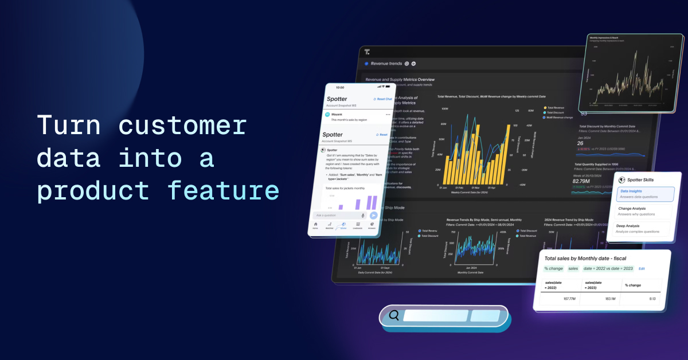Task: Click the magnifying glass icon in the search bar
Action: tap(394, 315)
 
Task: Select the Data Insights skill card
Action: tap(642, 194)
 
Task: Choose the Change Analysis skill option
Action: tap(640, 212)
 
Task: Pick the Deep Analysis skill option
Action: tap(640, 229)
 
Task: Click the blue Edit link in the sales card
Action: tap(642, 268)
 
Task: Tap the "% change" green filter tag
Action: tap(553, 268)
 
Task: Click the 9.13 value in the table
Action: tap(652, 299)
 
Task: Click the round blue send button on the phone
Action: tap(373, 215)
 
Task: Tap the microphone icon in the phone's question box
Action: tap(363, 215)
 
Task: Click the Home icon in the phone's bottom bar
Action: tap(315, 225)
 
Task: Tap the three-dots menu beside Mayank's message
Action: tap(388, 115)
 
